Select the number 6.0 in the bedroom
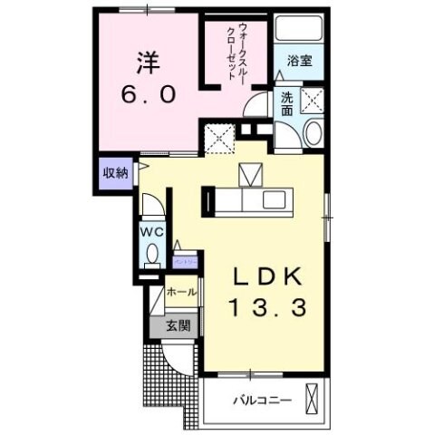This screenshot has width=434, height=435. click(x=147, y=93)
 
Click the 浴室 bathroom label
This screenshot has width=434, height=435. click(x=300, y=62)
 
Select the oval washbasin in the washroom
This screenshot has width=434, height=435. click(x=312, y=134)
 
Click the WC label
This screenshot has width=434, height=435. click(x=151, y=231)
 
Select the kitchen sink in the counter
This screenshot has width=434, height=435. click(x=275, y=199)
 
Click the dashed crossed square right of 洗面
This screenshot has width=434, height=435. click(x=316, y=100)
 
